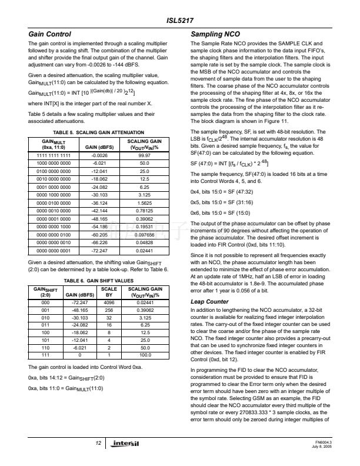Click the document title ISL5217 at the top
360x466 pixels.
pos(180,22)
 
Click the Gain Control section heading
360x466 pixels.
pos(50,35)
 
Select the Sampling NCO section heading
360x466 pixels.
pos(216,35)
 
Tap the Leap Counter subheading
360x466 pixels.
pos(209,301)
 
